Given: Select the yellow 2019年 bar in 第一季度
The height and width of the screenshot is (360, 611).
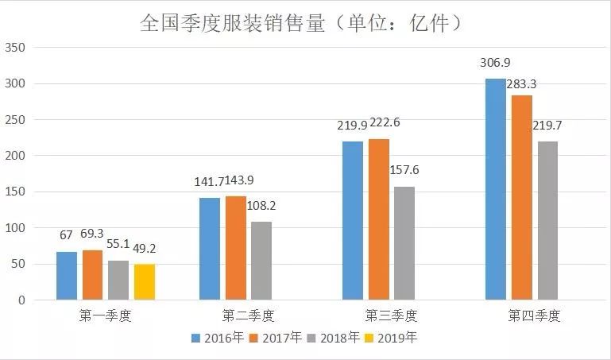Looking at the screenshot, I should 144,282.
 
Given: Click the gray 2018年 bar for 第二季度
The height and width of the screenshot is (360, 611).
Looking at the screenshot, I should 261,261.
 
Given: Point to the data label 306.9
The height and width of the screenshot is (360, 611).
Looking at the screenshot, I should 495,62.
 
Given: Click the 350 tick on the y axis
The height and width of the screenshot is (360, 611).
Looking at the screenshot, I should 15,48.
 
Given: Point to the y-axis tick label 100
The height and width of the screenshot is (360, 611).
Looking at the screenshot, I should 15,229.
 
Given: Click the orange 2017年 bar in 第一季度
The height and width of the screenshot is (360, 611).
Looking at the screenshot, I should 92,275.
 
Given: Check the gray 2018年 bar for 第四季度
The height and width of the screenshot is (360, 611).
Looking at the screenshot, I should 547,221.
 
